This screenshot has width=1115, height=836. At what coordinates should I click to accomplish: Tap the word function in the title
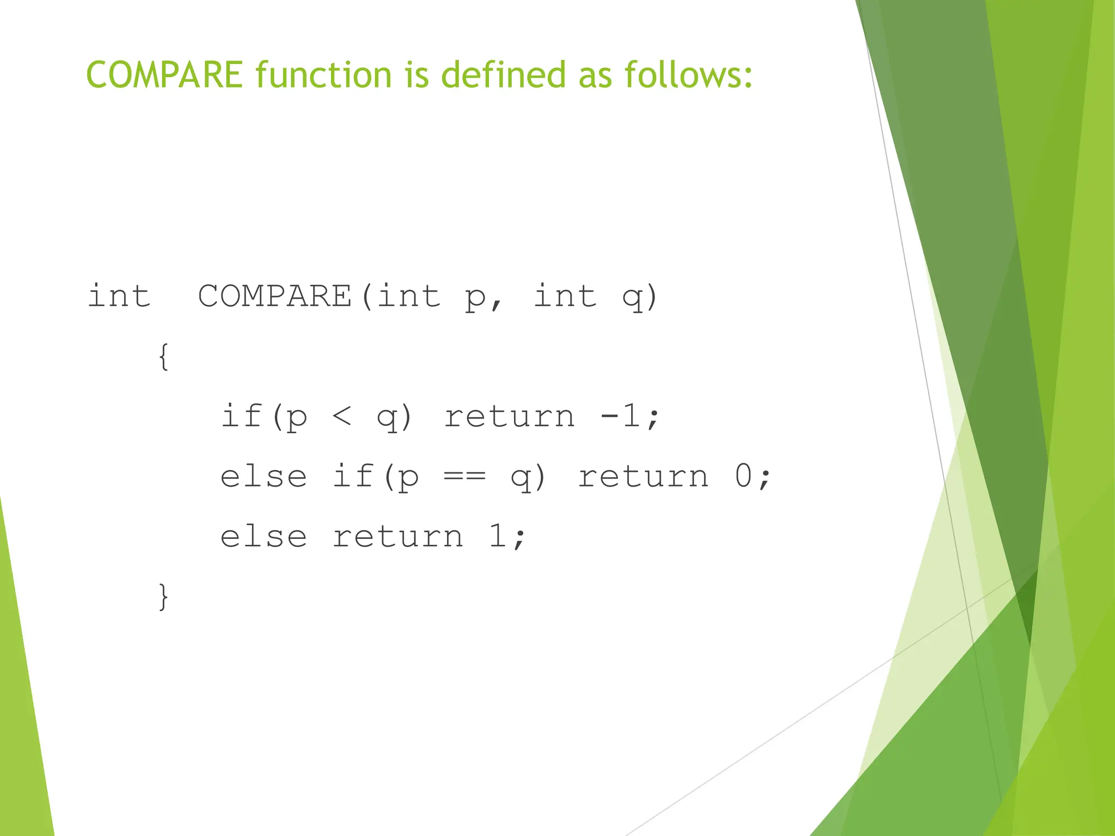(x=323, y=75)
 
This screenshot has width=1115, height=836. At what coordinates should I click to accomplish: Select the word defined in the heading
(x=504, y=75)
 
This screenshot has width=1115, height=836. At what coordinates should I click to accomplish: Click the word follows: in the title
(x=688, y=75)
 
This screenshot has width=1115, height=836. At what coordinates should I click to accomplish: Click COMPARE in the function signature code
(x=275, y=297)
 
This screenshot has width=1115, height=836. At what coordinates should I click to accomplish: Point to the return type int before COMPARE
(x=119, y=297)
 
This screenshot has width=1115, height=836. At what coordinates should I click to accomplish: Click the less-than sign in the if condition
(x=342, y=417)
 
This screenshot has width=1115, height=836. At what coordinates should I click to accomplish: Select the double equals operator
(x=464, y=477)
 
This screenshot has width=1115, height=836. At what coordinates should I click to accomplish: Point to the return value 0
(x=744, y=476)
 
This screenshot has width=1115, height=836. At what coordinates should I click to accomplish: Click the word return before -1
(x=510, y=417)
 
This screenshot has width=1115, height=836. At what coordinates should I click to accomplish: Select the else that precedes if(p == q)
(x=264, y=477)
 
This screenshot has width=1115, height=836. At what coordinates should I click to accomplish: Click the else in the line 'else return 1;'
(x=264, y=537)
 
